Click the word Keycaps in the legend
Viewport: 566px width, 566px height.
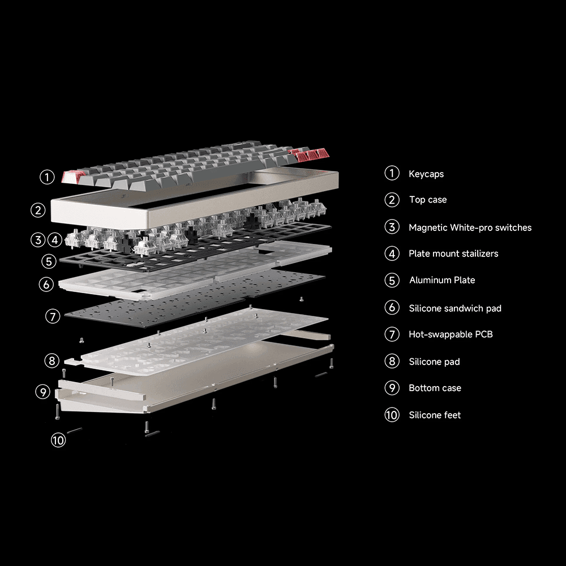[426, 174]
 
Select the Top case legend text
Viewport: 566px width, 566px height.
[427, 200]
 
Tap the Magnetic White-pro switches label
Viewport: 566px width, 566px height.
[470, 228]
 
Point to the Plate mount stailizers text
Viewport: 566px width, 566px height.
[453, 254]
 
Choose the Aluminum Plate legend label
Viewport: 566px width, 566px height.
[441, 280]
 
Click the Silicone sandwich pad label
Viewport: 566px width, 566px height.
[454, 308]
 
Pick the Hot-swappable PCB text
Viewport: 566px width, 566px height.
[451, 335]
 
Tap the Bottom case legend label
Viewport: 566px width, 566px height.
[435, 388]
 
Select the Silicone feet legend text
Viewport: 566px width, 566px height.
[435, 415]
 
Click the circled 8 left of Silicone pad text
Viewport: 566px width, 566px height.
[392, 361]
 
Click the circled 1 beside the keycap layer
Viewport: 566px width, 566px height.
[47, 177]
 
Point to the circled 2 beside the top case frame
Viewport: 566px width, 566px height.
[38, 210]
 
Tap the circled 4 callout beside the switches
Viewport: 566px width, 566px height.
[54, 240]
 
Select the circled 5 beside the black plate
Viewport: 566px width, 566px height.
[49, 261]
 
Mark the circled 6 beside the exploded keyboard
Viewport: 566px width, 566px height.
[46, 284]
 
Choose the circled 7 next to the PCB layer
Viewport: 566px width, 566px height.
[53, 316]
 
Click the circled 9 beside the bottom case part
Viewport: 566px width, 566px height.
[42, 392]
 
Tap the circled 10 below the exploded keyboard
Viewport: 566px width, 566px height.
[58, 440]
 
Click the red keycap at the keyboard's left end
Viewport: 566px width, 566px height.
[73, 176]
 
